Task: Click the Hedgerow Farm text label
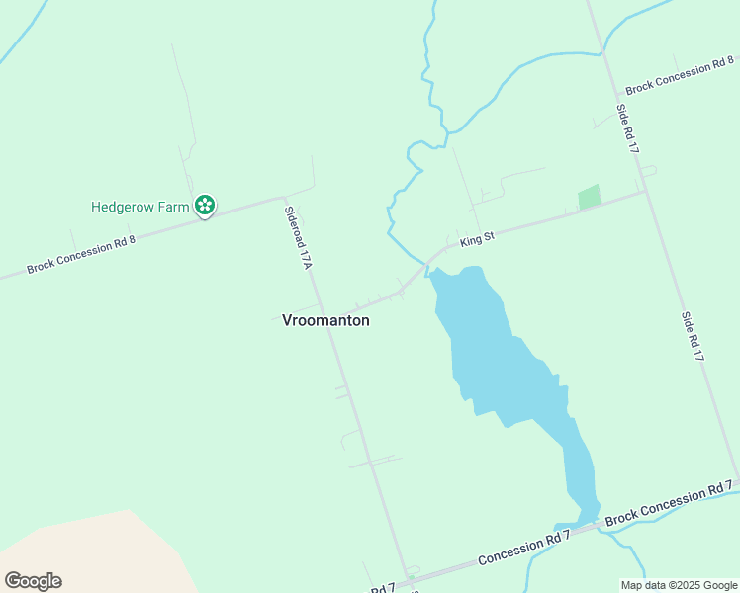click(x=139, y=207)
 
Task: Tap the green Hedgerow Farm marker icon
click(x=205, y=206)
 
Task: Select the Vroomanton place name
click(x=325, y=320)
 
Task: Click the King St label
click(x=476, y=239)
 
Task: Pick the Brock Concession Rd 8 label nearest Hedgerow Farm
click(x=80, y=253)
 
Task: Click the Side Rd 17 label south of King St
click(x=692, y=336)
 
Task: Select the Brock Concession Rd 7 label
click(x=669, y=503)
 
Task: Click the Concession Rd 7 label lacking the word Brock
click(x=523, y=549)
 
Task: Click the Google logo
click(x=33, y=580)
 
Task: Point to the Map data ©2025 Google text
click(x=680, y=585)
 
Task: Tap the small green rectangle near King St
click(x=590, y=197)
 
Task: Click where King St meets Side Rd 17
click(x=646, y=191)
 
